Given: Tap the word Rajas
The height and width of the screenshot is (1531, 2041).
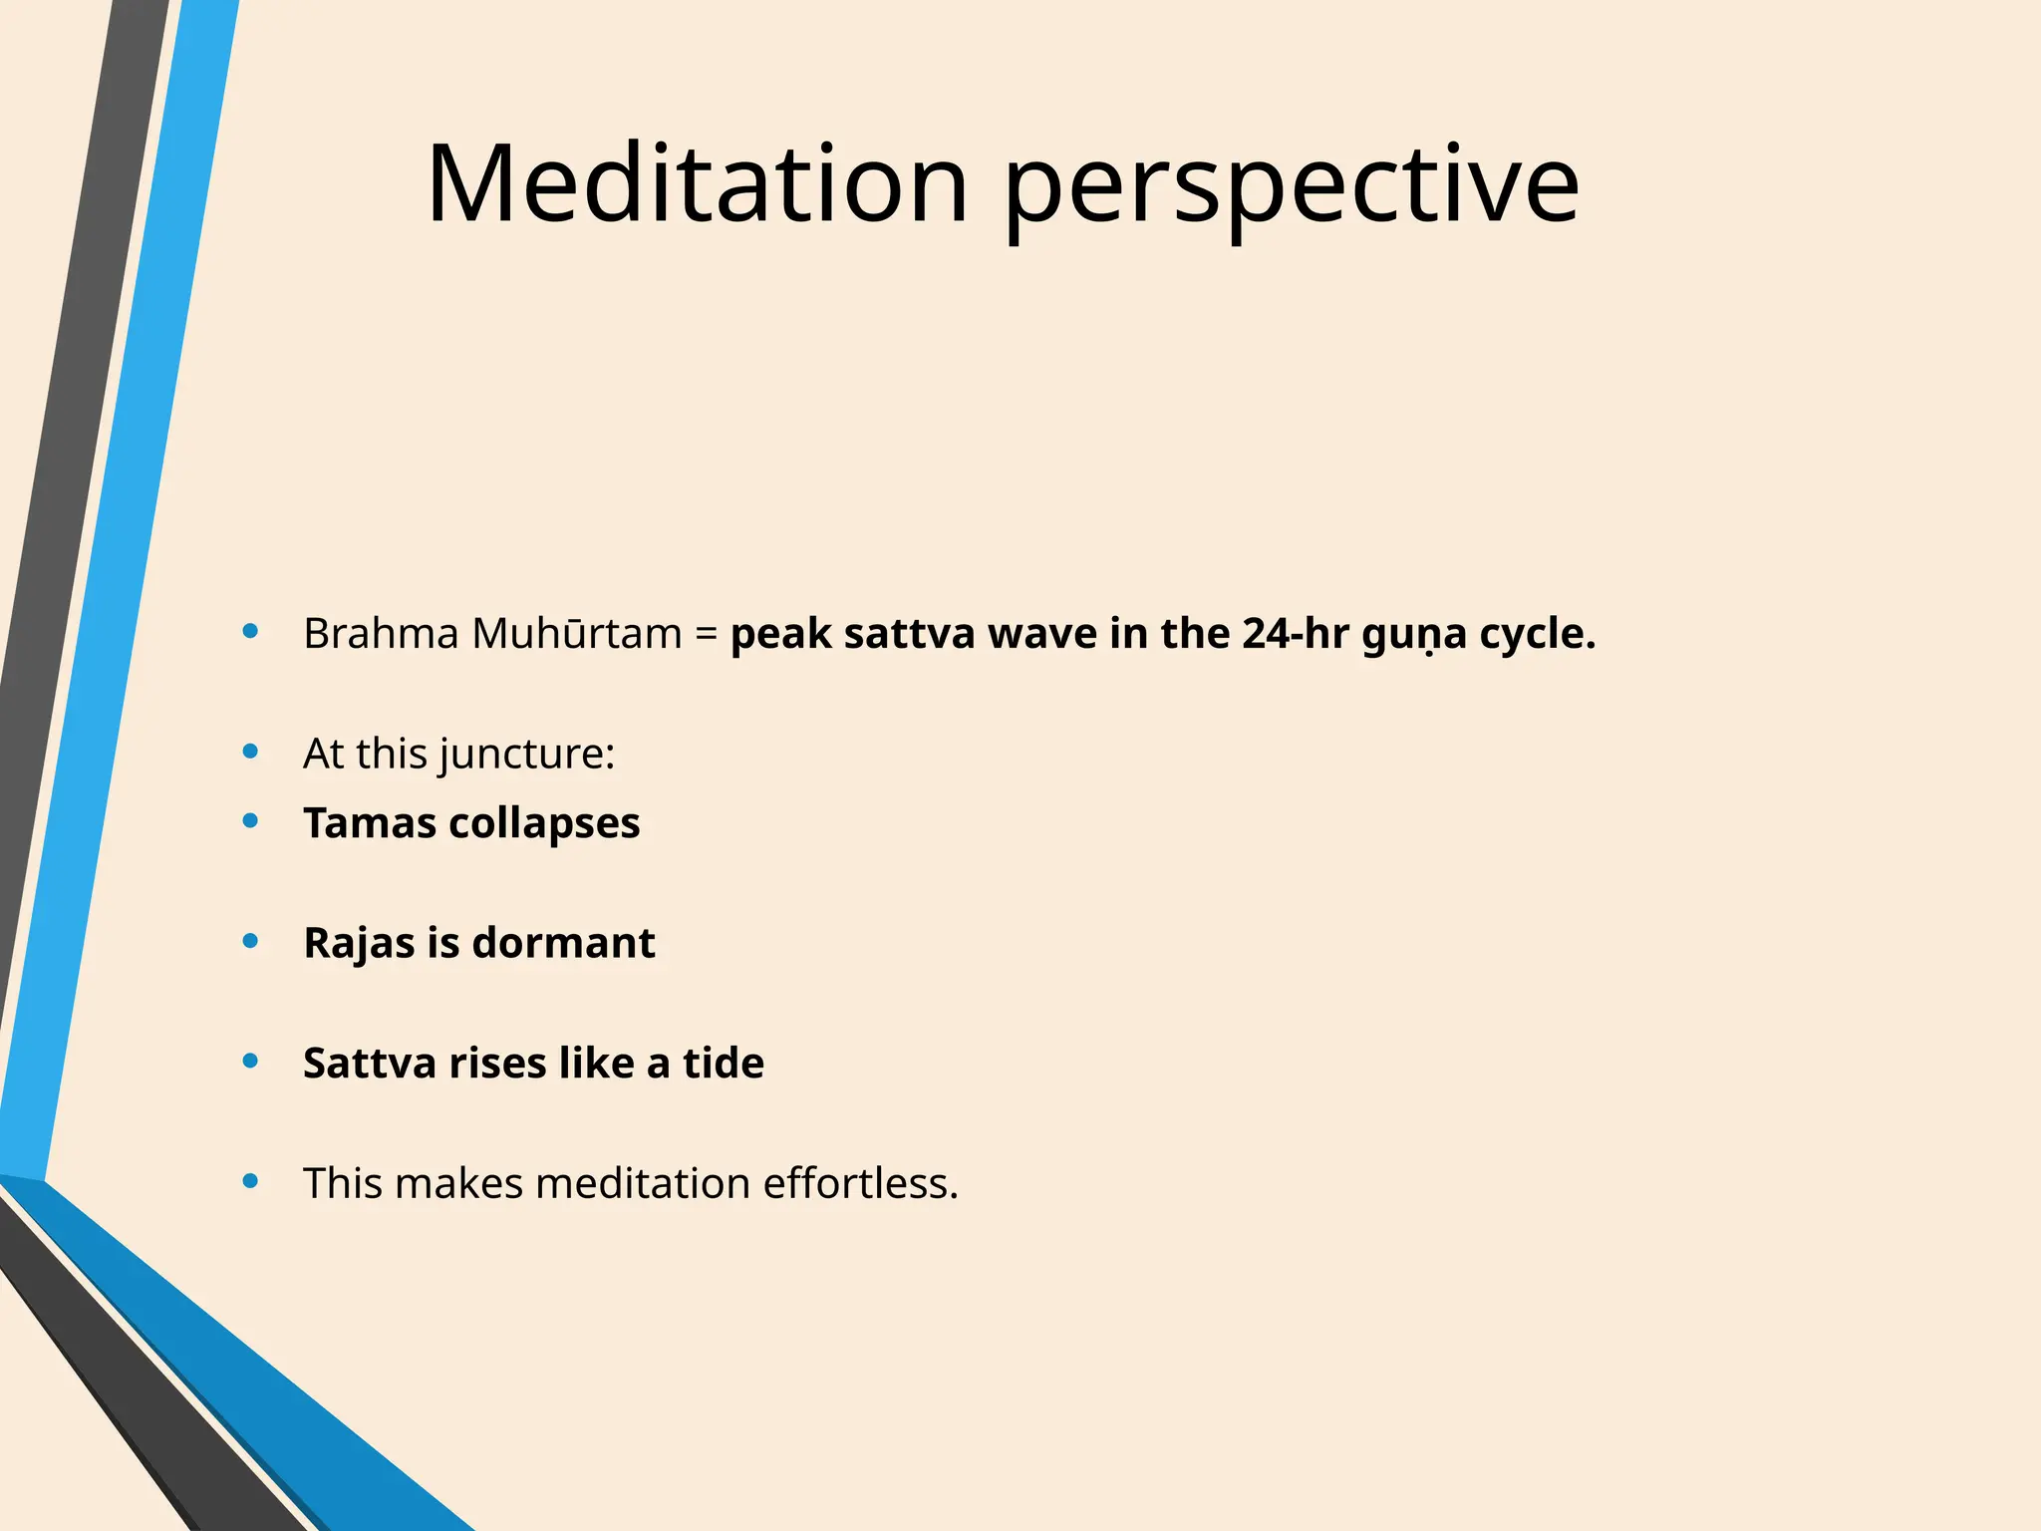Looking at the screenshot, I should click(x=359, y=943).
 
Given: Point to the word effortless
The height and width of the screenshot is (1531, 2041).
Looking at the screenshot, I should click(x=859, y=1183).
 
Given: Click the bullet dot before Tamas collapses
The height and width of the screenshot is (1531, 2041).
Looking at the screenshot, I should click(x=251, y=821).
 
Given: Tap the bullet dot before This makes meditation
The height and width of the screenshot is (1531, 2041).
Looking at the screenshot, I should click(x=251, y=1181).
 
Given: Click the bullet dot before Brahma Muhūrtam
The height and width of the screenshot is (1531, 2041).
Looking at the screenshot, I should click(x=251, y=631).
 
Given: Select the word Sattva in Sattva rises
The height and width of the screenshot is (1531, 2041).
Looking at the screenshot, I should click(x=370, y=1064).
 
